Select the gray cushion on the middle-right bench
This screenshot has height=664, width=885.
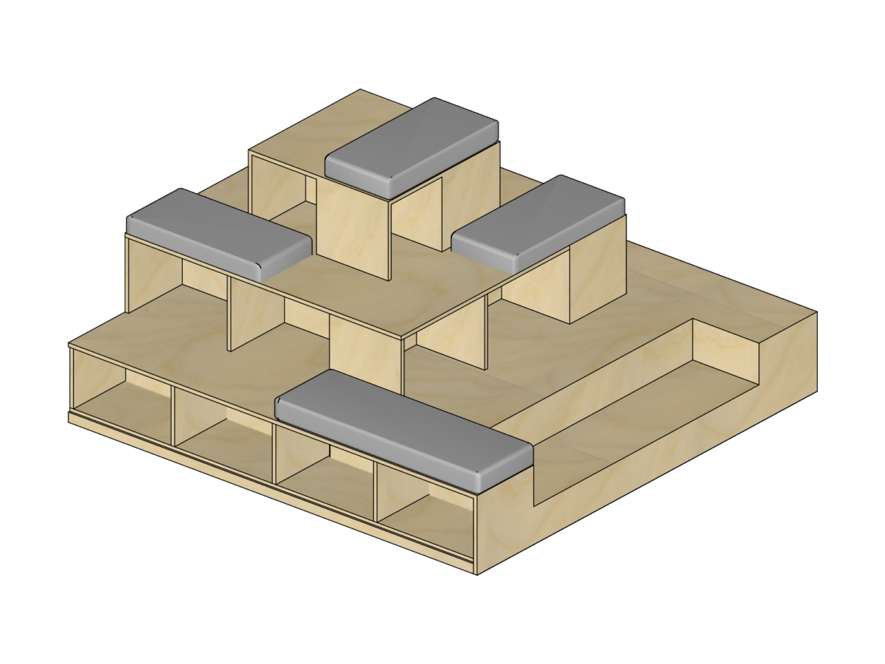pyautogui.click(x=538, y=221)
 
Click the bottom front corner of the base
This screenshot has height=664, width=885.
pyautogui.click(x=476, y=573)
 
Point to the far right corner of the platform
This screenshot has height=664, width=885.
pyautogui.click(x=816, y=313)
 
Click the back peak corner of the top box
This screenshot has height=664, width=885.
pyautogui.click(x=361, y=91)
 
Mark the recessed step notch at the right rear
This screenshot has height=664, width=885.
pyautogui.click(x=726, y=347)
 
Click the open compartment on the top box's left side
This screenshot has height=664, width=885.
pyautogui.click(x=279, y=188)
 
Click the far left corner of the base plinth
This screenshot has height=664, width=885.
pyautogui.click(x=69, y=418)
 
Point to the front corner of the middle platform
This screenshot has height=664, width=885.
pyautogui.click(x=403, y=339)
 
